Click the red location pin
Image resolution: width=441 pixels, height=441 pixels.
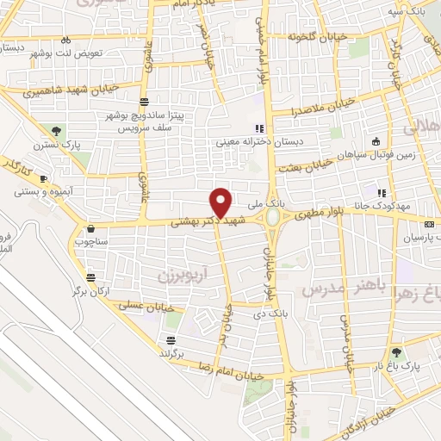[x=221, y=202]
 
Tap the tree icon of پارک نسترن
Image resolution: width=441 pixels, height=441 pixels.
[x=56, y=131]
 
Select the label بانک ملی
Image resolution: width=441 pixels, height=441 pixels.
[x=264, y=205]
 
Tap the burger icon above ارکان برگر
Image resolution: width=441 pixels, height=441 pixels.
[x=91, y=277]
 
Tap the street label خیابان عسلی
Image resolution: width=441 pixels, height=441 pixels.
[x=157, y=307]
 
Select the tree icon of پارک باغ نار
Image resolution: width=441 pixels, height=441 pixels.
[x=397, y=351]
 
